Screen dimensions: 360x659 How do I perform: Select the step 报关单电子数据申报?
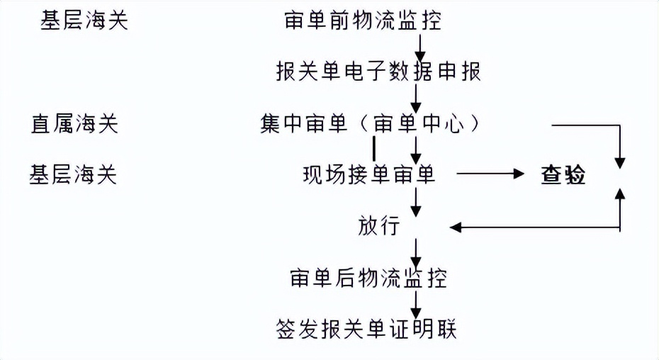pos(378,72)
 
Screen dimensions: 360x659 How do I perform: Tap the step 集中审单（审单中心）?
pos(371,124)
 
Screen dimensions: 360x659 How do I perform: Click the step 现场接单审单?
pos(368,174)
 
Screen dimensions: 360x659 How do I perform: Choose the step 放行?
pos(379,227)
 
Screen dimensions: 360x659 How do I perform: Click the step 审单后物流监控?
pos(368,278)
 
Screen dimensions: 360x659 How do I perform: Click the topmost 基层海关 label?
pos(84,21)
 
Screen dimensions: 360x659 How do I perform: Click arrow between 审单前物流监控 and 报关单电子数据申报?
pos(419,46)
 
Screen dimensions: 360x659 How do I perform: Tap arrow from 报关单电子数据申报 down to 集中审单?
pos(417,98)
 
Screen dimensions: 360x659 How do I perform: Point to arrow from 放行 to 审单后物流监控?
pos(416,252)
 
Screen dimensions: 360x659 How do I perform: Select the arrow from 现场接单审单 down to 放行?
pos(417,202)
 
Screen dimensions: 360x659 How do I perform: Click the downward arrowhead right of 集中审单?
pos(621,160)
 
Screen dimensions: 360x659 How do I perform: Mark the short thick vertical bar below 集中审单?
pos(374,149)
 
